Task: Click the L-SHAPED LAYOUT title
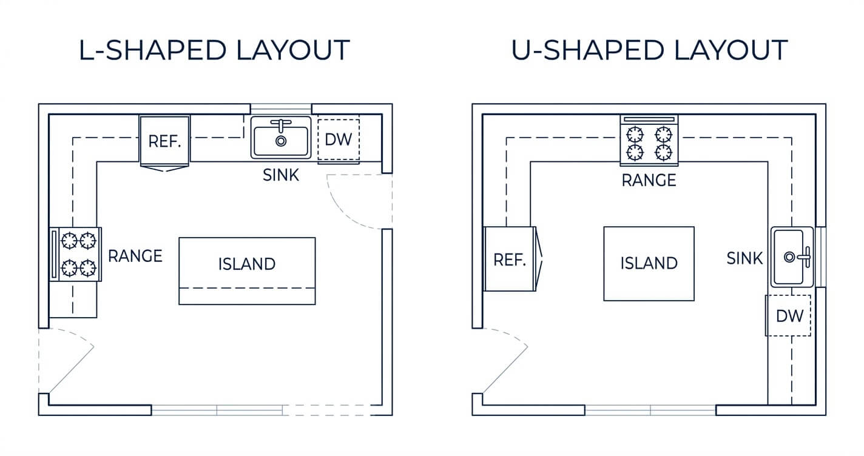click(x=214, y=50)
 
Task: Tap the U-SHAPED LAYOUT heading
click(x=650, y=50)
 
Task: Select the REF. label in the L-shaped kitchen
click(x=164, y=141)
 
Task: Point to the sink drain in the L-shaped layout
click(x=281, y=141)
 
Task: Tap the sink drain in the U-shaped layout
click(x=789, y=257)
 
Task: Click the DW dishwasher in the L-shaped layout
click(x=339, y=139)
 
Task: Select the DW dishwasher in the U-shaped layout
click(x=788, y=315)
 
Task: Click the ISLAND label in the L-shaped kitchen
click(x=247, y=264)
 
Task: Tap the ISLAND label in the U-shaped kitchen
click(x=649, y=263)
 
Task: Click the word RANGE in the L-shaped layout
click(x=135, y=256)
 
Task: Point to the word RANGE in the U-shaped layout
click(x=649, y=180)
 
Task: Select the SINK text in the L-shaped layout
click(x=281, y=175)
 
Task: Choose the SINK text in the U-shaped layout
click(x=744, y=258)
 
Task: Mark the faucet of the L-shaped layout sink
click(x=281, y=125)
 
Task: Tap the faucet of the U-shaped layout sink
click(x=805, y=257)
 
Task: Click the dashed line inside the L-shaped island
click(x=247, y=288)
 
